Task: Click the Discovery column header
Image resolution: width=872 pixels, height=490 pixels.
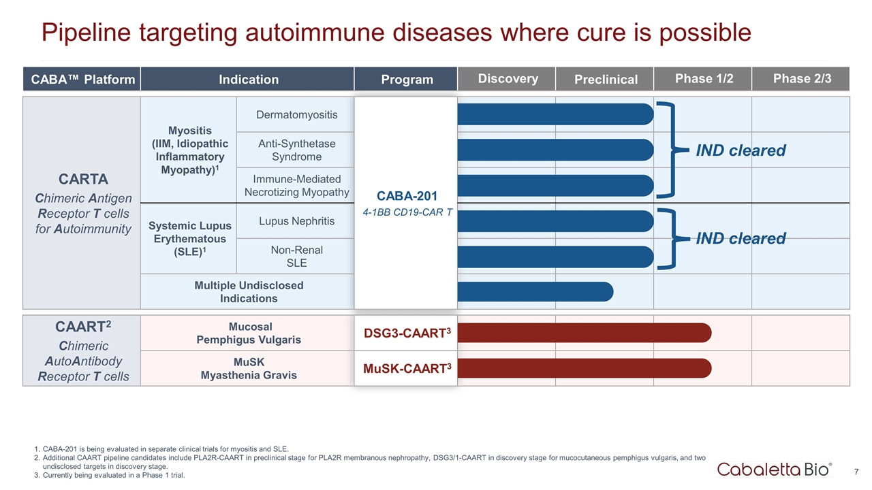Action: pyautogui.click(x=508, y=78)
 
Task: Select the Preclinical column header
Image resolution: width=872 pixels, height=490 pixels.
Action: pyautogui.click(x=606, y=80)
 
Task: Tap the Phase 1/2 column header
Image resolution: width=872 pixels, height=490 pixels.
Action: pyautogui.click(x=704, y=78)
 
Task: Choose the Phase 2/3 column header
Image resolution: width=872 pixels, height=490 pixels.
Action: pyautogui.click(x=802, y=78)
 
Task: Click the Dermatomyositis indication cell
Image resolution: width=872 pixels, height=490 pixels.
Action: pyautogui.click(x=296, y=114)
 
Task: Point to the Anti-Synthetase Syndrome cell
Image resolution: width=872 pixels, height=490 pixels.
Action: pyautogui.click(x=296, y=150)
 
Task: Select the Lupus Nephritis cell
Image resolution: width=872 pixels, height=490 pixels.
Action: pyautogui.click(x=296, y=220)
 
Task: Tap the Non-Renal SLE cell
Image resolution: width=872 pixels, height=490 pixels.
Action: pyautogui.click(x=296, y=256)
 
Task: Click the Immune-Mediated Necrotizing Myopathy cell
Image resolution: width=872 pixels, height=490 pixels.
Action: pyautogui.click(x=296, y=185)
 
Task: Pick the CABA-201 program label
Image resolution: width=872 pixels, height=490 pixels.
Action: pyautogui.click(x=407, y=197)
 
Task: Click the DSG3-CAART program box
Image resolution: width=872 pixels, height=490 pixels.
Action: pyautogui.click(x=407, y=332)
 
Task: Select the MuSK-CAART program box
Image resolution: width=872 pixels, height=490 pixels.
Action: pyautogui.click(x=407, y=368)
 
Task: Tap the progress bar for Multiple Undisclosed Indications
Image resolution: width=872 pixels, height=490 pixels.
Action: pyautogui.click(x=535, y=291)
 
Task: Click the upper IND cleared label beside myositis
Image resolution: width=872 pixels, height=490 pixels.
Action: pyautogui.click(x=741, y=150)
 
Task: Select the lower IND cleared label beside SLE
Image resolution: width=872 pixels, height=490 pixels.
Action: pyautogui.click(x=741, y=238)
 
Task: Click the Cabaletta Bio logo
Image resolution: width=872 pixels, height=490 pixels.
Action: pyautogui.click(x=774, y=470)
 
